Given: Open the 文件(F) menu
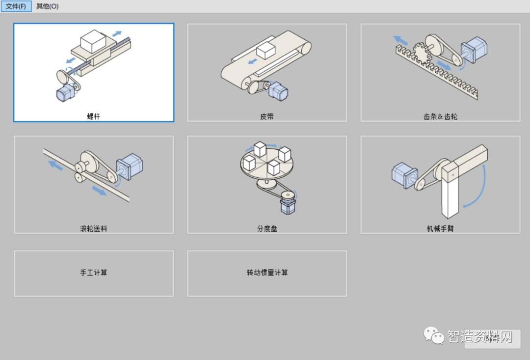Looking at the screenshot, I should (16, 6).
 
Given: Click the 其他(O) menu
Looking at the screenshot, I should (47, 6).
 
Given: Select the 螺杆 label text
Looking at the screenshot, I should (93, 116).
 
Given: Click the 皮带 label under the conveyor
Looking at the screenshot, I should (267, 116).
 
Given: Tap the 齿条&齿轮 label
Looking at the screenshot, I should (440, 116).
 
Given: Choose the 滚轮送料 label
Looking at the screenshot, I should (93, 228).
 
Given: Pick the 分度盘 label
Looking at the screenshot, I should (267, 228).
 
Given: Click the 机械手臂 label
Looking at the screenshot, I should (440, 228).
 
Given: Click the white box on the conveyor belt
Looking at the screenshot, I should (265, 50).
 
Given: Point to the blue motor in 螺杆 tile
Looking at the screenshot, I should (64, 93).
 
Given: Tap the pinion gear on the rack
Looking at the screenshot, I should (420, 52).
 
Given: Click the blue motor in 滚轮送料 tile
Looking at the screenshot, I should (129, 167).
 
